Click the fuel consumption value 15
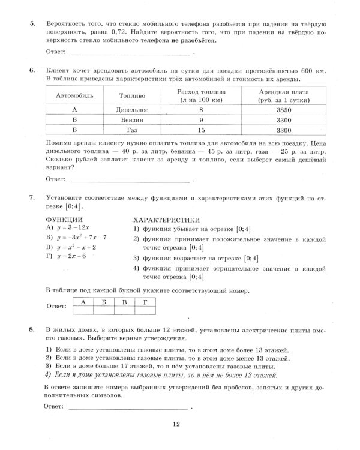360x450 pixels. click(201, 130)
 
